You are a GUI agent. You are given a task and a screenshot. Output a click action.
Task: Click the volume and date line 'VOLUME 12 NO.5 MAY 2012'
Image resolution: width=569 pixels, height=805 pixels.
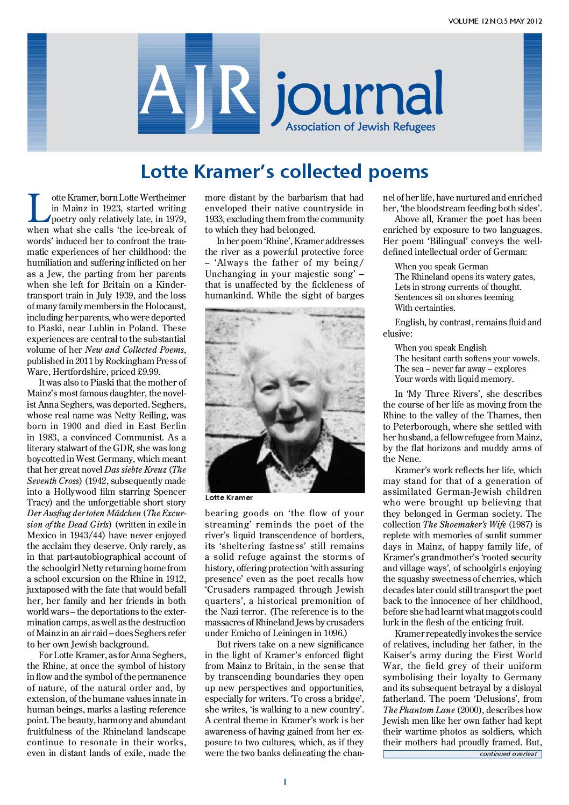point(495,22)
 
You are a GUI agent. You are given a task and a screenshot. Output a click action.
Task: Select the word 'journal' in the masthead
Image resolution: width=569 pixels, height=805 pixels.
point(358,97)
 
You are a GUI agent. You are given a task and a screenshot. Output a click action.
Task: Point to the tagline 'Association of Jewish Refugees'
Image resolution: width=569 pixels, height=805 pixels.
point(360,127)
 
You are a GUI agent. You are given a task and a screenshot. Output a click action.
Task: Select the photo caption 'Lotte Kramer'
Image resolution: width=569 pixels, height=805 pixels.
point(229,497)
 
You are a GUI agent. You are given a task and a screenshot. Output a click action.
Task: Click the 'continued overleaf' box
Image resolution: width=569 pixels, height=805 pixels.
point(462,754)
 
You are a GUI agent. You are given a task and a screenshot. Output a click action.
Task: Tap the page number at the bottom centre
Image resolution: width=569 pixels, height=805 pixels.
point(284,782)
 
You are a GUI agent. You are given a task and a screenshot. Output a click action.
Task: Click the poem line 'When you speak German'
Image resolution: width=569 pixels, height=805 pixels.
point(441,266)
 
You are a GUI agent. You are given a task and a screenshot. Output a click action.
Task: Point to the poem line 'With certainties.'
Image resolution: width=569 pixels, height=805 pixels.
point(425,308)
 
